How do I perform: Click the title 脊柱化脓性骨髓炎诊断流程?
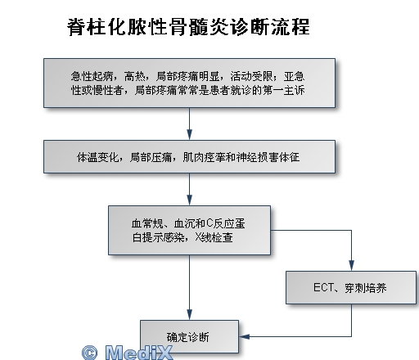188,27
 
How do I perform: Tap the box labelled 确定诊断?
189,336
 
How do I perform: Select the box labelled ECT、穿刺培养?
351,287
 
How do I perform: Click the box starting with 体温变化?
189,156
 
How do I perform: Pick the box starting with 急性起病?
189,83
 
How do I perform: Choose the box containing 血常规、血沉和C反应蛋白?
189,230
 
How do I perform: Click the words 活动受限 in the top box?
251,76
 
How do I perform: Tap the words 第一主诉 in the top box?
283,90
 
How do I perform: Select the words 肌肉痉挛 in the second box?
204,157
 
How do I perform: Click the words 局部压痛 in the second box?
151,157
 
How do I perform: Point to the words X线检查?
214,237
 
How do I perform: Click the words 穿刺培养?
366,288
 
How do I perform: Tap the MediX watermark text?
139,353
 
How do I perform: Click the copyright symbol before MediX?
89,353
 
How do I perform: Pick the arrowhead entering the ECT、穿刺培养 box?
351,266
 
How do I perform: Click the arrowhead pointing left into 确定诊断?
244,336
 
